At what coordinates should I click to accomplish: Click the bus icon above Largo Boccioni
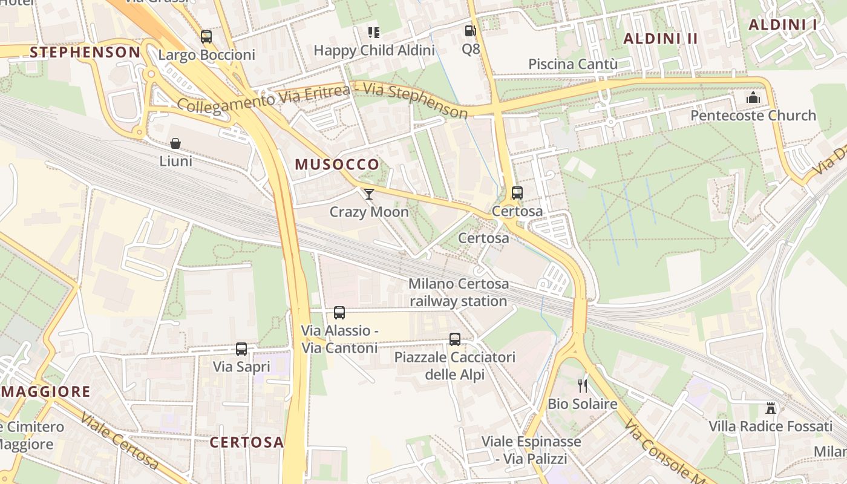pyautogui.click(x=206, y=37)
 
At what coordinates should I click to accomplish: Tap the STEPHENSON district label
pyautogui.click(x=85, y=52)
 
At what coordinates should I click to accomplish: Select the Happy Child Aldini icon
pyautogui.click(x=374, y=32)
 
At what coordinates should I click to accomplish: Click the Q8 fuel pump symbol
pyautogui.click(x=470, y=31)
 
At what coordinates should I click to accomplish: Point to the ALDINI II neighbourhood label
pyautogui.click(x=661, y=39)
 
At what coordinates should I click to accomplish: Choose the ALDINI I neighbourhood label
pyautogui.click(x=783, y=25)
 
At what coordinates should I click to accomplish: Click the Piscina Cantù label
pyautogui.click(x=573, y=64)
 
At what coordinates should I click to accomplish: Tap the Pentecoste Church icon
pyautogui.click(x=753, y=97)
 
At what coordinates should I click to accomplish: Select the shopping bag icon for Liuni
pyautogui.click(x=175, y=143)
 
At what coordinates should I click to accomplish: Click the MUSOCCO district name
pyautogui.click(x=337, y=164)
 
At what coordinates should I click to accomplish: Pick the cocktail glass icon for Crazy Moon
pyautogui.click(x=369, y=194)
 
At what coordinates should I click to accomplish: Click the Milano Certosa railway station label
pyautogui.click(x=459, y=292)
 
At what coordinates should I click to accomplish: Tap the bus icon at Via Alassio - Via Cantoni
pyautogui.click(x=339, y=313)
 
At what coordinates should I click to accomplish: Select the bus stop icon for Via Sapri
pyautogui.click(x=241, y=349)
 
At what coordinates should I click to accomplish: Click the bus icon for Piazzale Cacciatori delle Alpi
pyautogui.click(x=455, y=339)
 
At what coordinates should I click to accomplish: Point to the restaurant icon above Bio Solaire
pyautogui.click(x=583, y=385)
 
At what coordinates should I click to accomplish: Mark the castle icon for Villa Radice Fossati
pyautogui.click(x=771, y=408)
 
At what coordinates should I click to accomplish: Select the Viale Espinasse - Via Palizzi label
pyautogui.click(x=531, y=450)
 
